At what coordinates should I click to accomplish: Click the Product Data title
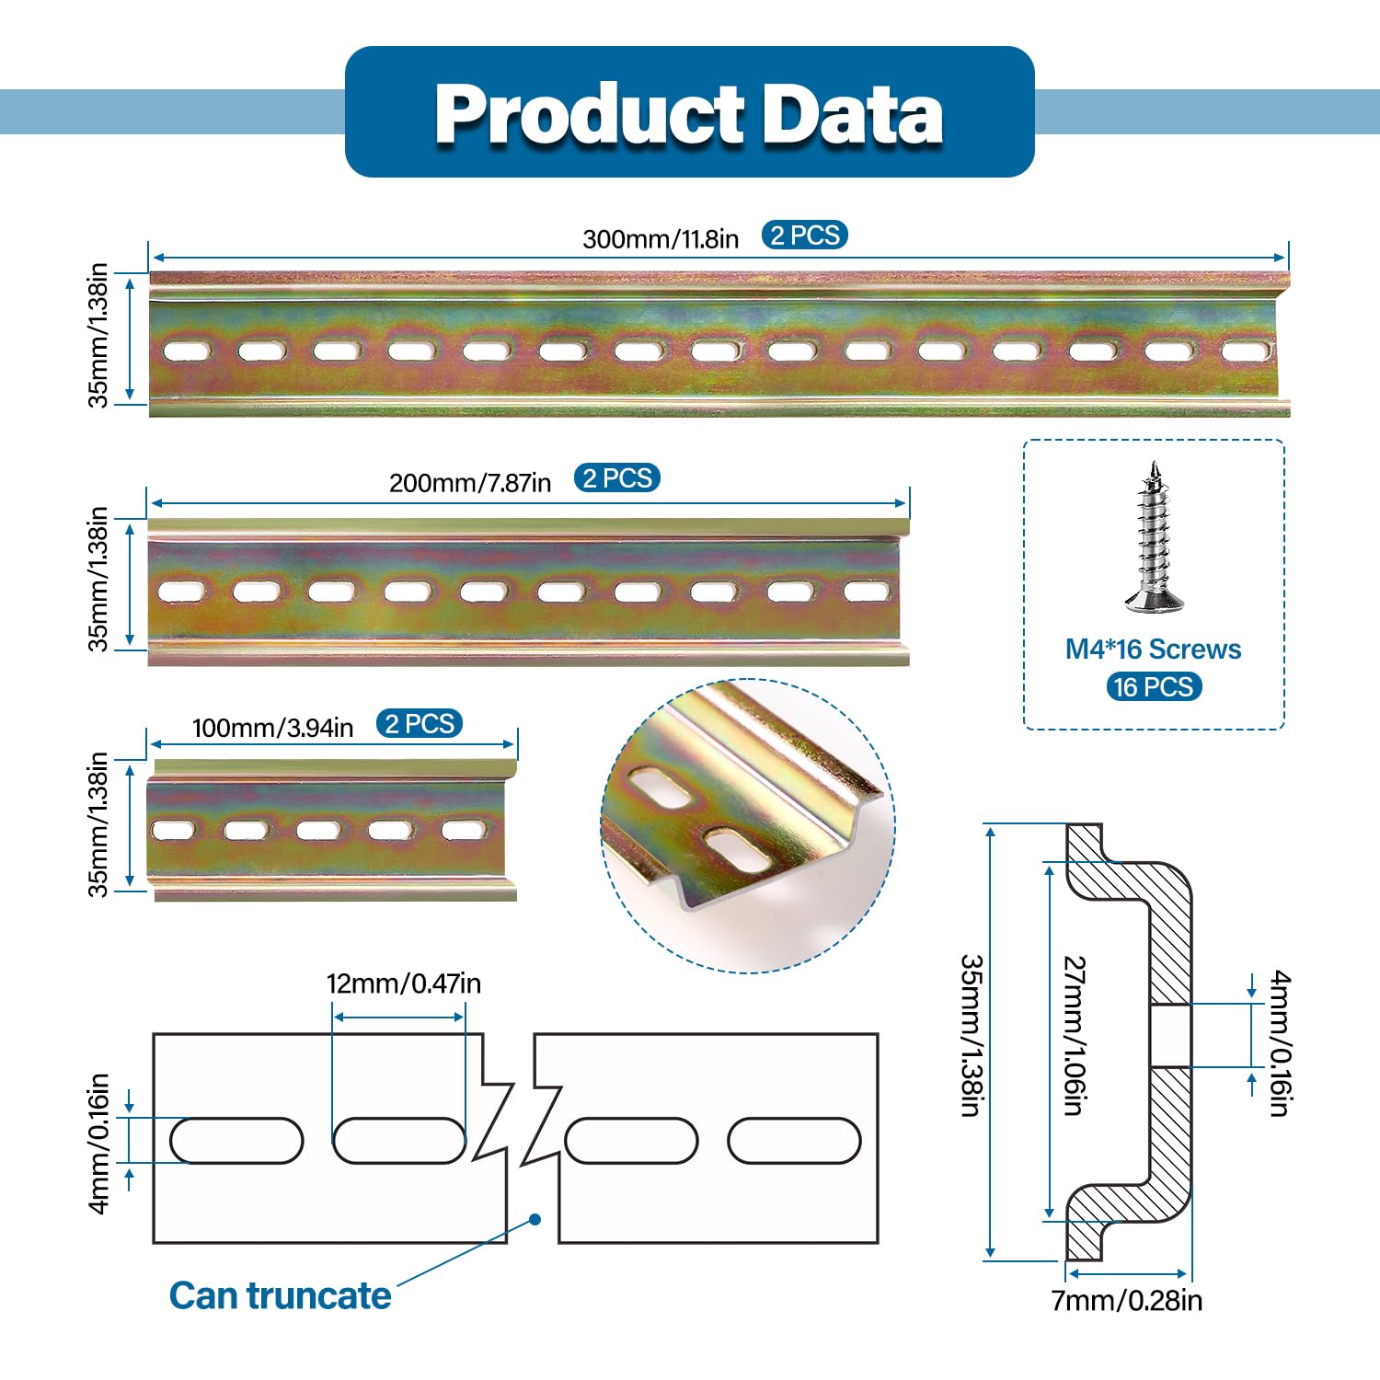pos(689,113)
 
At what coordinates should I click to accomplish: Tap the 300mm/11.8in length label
pos(660,239)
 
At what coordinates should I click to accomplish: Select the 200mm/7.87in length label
pos(469,483)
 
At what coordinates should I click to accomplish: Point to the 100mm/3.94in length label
pos(272,728)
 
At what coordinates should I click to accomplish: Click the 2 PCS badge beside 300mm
pos(804,236)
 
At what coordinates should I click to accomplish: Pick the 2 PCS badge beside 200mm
pos(617,478)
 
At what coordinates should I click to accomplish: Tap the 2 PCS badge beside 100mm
pos(419,724)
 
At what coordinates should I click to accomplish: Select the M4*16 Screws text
pos(1153,650)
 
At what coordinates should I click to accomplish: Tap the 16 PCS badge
pos(1154,686)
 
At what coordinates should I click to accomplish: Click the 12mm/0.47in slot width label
pos(403,983)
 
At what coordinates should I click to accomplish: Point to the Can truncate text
pos(280,1295)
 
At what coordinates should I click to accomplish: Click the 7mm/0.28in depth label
pos(1126,1300)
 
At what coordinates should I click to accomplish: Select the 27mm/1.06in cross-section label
pos(1074,1035)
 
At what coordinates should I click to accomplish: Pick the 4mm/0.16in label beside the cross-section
pos(1280,1043)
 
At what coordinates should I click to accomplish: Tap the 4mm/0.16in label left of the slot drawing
pos(99,1143)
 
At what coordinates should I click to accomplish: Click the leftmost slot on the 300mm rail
pos(187,351)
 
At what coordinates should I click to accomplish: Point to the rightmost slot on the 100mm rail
pos(462,830)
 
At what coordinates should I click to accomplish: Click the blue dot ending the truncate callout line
pos(535,1219)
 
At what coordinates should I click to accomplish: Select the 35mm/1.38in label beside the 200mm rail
pos(98,579)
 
